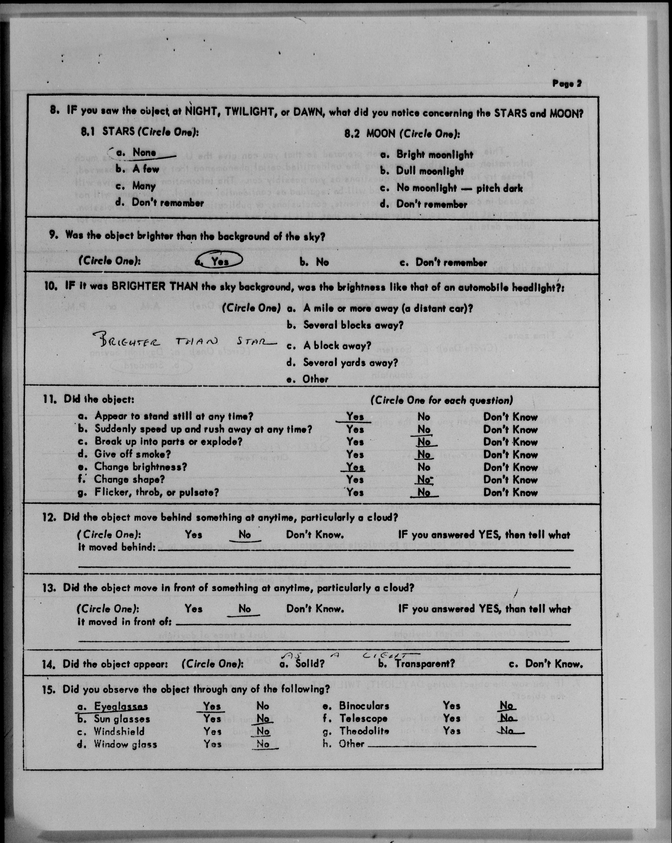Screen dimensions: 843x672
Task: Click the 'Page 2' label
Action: pos(567,84)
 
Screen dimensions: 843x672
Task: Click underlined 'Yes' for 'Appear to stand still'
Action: pos(355,417)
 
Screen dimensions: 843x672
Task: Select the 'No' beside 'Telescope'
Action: pos(506,718)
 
